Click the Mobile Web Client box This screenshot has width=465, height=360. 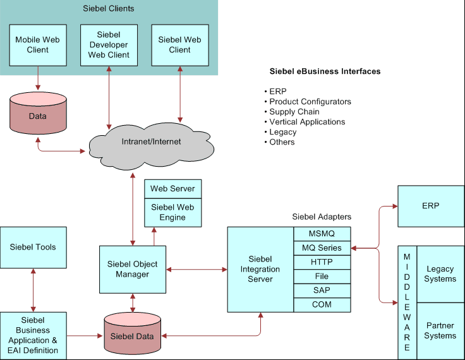pyautogui.click(x=38, y=45)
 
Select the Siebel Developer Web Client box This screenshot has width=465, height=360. pyautogui.click(x=109, y=45)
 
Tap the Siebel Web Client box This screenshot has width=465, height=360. pyautogui.click(x=179, y=45)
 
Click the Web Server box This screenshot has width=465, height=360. pyautogui.click(x=173, y=189)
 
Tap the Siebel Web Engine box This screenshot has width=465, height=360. pyautogui.click(x=173, y=212)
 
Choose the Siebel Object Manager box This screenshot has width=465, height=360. pyautogui.click(x=133, y=269)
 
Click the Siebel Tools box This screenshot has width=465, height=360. pyautogui.click(x=32, y=247)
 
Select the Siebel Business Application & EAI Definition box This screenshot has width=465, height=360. pyautogui.click(x=32, y=335)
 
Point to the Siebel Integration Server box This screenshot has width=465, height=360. pyautogui.click(x=260, y=269)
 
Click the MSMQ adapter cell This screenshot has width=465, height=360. pyautogui.click(x=322, y=234)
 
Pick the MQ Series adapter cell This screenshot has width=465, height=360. pyautogui.click(x=322, y=248)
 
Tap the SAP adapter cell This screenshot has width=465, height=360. pyautogui.click(x=322, y=291)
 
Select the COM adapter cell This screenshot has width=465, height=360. pyautogui.click(x=322, y=304)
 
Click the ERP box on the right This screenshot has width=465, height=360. pyautogui.click(x=430, y=206)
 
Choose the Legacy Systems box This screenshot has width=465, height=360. pyautogui.click(x=440, y=274)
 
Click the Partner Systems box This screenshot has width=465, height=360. pyautogui.click(x=440, y=331)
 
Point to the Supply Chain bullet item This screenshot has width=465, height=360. pyautogui.click(x=294, y=112)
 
